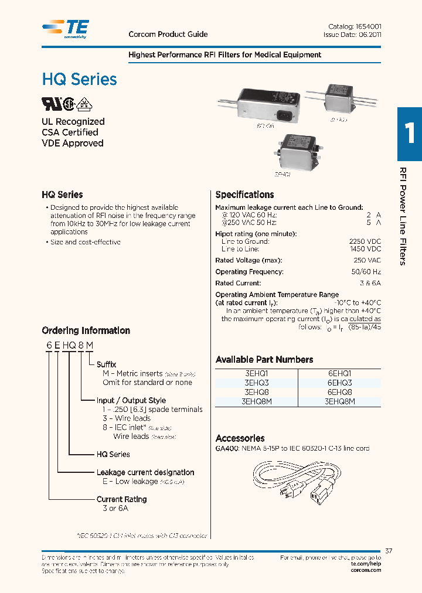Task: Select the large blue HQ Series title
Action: pos(79,80)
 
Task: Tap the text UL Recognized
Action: pos(73,121)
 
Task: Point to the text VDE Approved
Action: pos(72,143)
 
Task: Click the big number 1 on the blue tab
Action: pos(410,134)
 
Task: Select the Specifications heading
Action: pos(244,195)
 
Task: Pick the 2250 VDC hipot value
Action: pos(365,241)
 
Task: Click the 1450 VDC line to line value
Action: pos(365,250)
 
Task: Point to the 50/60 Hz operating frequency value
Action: pos(367,272)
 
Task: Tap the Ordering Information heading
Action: pos(86,330)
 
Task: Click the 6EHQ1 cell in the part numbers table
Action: pos(339,373)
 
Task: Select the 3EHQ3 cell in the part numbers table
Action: pos(257,383)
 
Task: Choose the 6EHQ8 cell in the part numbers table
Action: pos(339,392)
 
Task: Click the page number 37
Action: pos(389,550)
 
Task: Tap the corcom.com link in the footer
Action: pos(366,570)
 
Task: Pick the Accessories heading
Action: pos(240,438)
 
